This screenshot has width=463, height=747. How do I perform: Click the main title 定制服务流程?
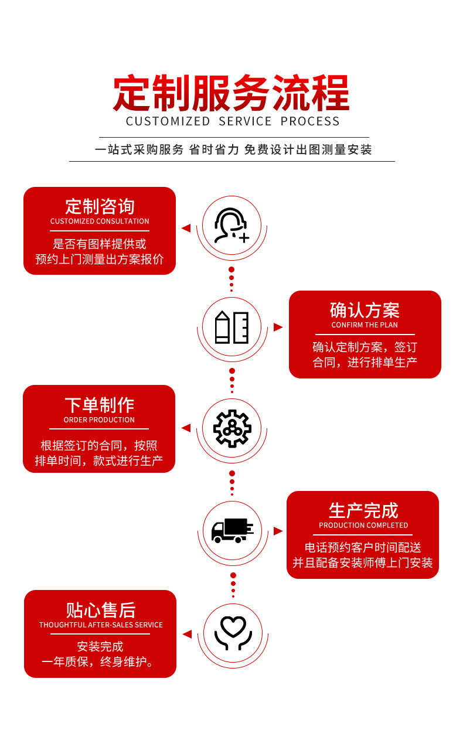coord(231,93)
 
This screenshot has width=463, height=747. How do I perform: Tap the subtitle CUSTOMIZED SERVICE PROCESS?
coord(233,121)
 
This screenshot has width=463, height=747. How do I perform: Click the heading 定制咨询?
coord(100,206)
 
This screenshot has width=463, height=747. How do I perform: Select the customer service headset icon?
coord(231,226)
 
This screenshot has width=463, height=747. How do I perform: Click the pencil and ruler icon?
coord(231,327)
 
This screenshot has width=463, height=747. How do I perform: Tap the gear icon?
coord(232,428)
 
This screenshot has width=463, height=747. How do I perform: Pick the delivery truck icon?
coord(232,530)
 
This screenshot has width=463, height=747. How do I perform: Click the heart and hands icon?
coord(233,633)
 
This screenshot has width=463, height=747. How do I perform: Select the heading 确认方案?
coord(365,310)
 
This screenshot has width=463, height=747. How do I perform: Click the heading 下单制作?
coord(99,405)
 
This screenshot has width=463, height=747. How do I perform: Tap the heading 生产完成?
coord(363,510)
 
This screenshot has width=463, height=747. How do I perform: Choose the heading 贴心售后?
coord(100,610)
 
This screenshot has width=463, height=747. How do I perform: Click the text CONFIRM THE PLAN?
coord(365,325)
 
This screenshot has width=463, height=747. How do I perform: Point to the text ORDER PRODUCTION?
coord(99,420)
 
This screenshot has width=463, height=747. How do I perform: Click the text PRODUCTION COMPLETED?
coord(363,526)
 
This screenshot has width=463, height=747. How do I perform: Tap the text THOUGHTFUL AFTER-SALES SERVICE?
coord(101,625)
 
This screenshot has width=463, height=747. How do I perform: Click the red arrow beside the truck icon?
coord(278,531)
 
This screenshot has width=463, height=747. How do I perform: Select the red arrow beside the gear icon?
coord(186,428)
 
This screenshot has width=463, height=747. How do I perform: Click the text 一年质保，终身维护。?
coord(100,662)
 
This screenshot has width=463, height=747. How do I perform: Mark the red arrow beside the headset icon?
coord(186,228)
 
